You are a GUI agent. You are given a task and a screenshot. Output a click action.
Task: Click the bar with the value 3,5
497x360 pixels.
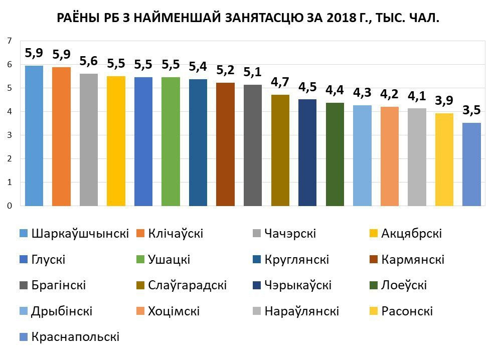[471, 164]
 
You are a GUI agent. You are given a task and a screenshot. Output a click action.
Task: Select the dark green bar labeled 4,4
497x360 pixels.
[335, 154]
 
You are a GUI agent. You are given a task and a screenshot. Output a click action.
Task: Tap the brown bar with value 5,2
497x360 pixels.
[225, 144]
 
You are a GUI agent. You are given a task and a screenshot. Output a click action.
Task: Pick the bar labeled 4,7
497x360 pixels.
[280, 150]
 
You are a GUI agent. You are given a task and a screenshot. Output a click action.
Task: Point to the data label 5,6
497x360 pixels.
[89, 62]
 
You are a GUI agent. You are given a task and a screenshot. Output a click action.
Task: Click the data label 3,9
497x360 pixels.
[444, 101]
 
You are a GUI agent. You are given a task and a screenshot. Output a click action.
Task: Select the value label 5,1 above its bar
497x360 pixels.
[253, 73]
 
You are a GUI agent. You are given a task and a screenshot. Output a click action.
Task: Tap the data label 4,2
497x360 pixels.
[390, 94]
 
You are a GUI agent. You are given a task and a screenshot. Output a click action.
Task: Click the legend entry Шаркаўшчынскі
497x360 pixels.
[80, 234]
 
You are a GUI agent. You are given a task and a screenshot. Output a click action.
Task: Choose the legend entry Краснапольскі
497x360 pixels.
[75, 337]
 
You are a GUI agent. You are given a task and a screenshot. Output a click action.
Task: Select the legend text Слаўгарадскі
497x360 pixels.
[188, 286]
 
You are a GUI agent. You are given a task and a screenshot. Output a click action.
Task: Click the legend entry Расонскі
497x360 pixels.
[407, 311]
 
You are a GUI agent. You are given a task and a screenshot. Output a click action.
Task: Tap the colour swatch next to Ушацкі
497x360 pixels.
[140, 260]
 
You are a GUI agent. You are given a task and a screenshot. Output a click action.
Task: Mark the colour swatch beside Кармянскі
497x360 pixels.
[373, 260]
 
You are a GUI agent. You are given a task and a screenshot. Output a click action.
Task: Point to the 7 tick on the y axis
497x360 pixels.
[9, 41]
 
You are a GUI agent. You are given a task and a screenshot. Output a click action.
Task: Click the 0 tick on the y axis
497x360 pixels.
[9, 206]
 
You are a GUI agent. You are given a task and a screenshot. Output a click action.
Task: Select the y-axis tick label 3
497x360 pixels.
[9, 135]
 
